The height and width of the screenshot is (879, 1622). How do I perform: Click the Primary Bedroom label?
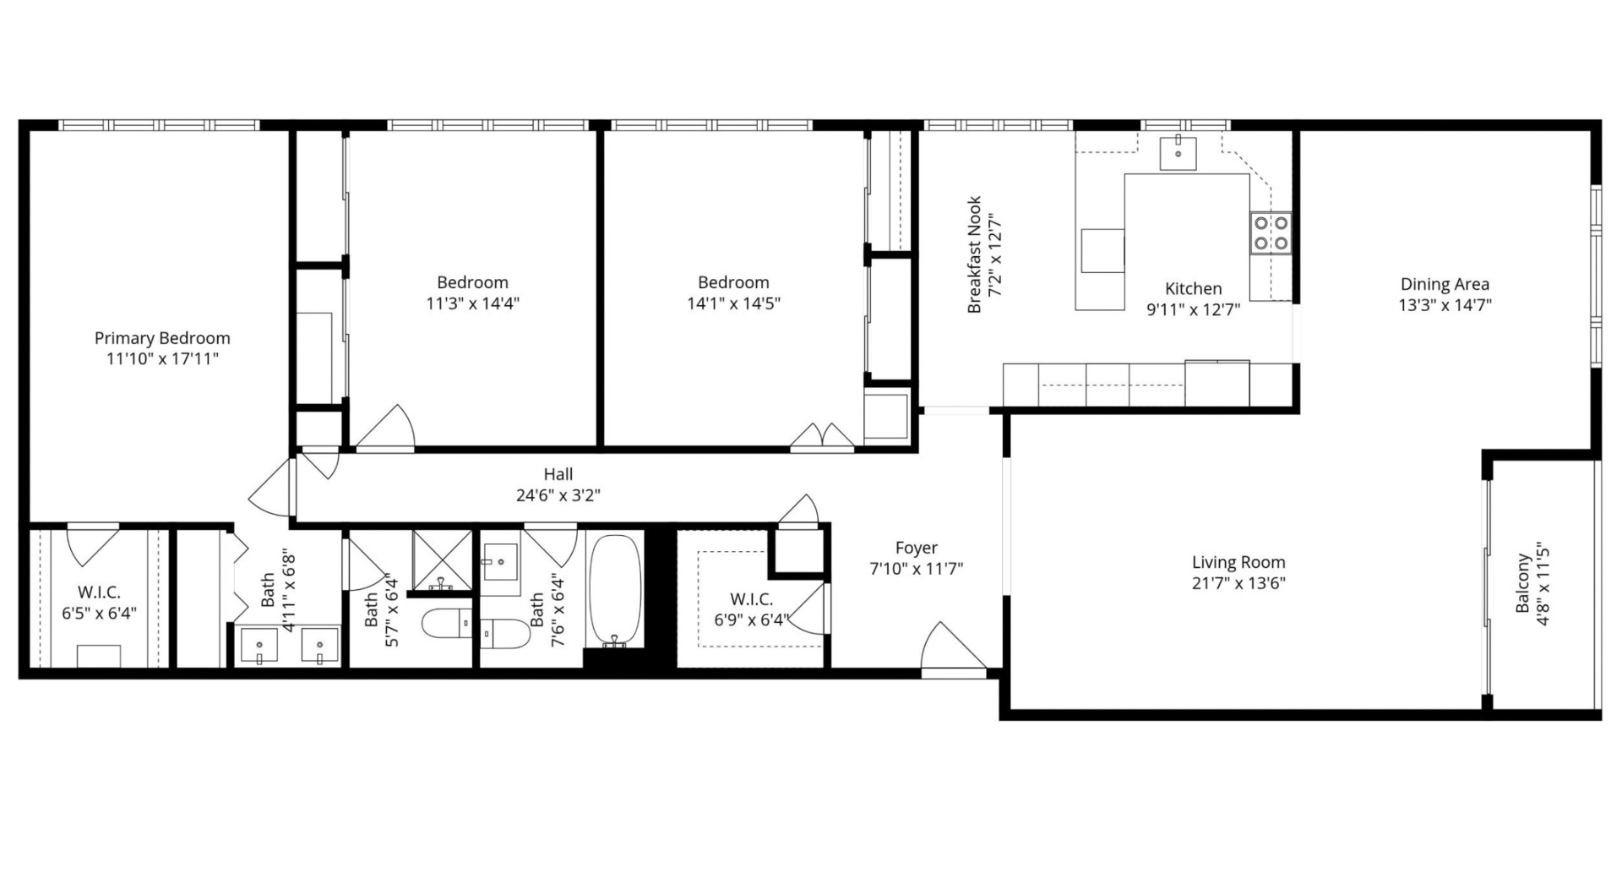point(162,338)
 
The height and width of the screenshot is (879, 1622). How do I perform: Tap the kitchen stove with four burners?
point(1271,233)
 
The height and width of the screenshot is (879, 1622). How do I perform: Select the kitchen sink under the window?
point(1178,153)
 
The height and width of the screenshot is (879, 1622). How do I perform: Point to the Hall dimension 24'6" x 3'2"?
point(558,495)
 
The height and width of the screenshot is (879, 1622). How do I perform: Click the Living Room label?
point(1238,562)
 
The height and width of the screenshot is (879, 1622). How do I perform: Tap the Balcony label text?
point(1522,583)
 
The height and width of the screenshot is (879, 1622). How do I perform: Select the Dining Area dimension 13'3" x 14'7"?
point(1445,305)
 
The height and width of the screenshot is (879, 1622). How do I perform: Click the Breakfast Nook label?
point(974,255)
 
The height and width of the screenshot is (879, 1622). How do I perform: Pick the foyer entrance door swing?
point(952,649)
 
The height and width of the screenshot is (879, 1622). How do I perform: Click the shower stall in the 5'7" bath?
point(442,560)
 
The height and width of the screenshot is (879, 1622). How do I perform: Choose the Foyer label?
point(917,548)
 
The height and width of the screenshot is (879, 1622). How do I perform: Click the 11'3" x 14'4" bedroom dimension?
point(473,303)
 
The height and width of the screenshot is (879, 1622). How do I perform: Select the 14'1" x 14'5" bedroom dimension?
point(733,303)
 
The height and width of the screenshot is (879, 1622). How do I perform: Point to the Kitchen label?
point(1193,289)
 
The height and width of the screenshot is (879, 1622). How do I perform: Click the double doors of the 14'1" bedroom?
point(822,437)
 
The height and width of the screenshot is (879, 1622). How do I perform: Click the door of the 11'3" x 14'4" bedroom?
point(385,428)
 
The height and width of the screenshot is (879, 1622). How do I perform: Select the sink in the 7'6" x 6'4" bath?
point(500,561)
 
